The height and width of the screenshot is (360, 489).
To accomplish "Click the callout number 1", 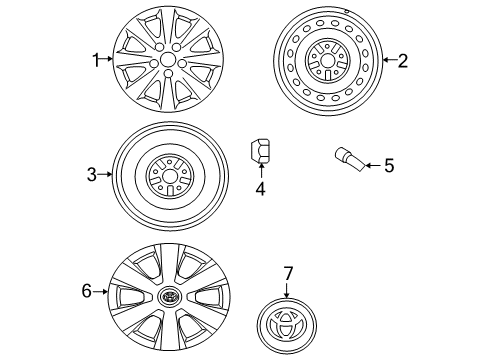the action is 96,60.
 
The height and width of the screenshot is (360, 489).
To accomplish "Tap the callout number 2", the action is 403,61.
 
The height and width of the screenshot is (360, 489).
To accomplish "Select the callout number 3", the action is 92,174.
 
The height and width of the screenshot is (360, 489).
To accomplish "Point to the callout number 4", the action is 261,188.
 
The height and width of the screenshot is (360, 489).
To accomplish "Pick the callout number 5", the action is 389,165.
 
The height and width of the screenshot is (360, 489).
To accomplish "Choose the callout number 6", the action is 87,291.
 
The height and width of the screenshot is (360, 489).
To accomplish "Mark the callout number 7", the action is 288,273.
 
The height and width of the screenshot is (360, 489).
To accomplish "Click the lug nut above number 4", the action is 260,151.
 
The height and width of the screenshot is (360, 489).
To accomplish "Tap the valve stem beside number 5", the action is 350,159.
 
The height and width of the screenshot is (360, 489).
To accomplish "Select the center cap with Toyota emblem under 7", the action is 287,326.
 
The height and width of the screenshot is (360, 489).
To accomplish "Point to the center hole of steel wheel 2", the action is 327,61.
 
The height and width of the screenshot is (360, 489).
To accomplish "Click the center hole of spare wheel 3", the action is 170,176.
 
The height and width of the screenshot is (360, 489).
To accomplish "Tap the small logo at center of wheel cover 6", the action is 169,296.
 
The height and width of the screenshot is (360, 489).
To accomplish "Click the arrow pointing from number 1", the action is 107,59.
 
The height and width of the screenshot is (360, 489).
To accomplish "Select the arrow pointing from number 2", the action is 390,60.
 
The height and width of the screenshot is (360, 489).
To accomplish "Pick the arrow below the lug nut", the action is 261,171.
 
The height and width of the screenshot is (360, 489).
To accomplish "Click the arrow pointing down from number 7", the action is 287,289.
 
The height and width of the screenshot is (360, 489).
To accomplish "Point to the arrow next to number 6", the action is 100,292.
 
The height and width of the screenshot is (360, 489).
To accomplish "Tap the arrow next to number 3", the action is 105,174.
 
